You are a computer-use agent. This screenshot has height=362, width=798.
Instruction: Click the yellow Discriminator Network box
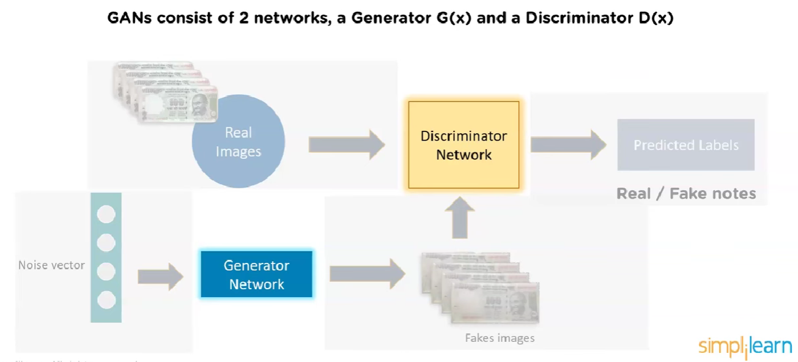coord(464,145)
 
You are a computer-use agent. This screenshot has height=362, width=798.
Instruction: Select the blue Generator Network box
coord(256,275)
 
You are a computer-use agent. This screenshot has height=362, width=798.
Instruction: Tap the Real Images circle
coord(238,141)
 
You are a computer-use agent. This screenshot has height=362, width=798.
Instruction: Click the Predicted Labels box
coord(685,145)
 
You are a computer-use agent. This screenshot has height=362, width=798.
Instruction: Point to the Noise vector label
coord(51,265)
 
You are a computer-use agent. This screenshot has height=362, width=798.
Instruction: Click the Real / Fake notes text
coord(686,194)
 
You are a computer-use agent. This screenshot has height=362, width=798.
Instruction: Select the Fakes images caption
coord(500,338)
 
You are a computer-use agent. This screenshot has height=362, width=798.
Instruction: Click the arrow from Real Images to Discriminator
coord(346,145)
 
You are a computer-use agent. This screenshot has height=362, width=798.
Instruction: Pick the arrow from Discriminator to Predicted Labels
coord(567,145)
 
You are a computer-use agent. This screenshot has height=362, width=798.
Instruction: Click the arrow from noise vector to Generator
coord(160,276)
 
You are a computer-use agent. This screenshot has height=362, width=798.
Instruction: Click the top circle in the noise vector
coord(106,214)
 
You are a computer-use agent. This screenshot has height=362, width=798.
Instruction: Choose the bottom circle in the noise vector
coord(106,300)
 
